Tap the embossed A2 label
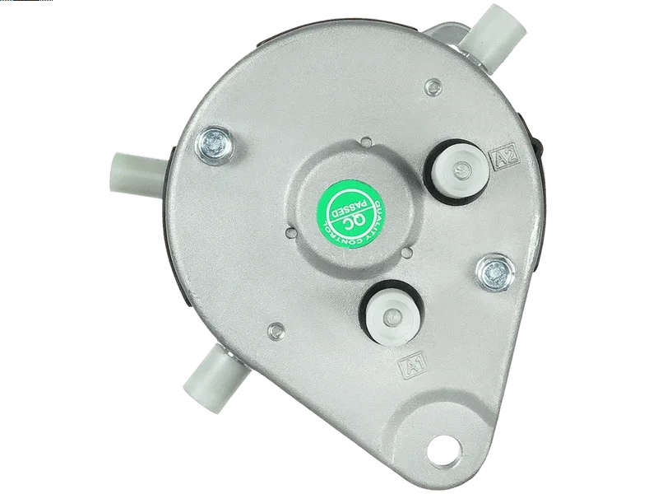505,156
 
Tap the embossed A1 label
412,364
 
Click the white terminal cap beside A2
459,171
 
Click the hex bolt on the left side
215,144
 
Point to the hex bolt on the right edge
495,273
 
